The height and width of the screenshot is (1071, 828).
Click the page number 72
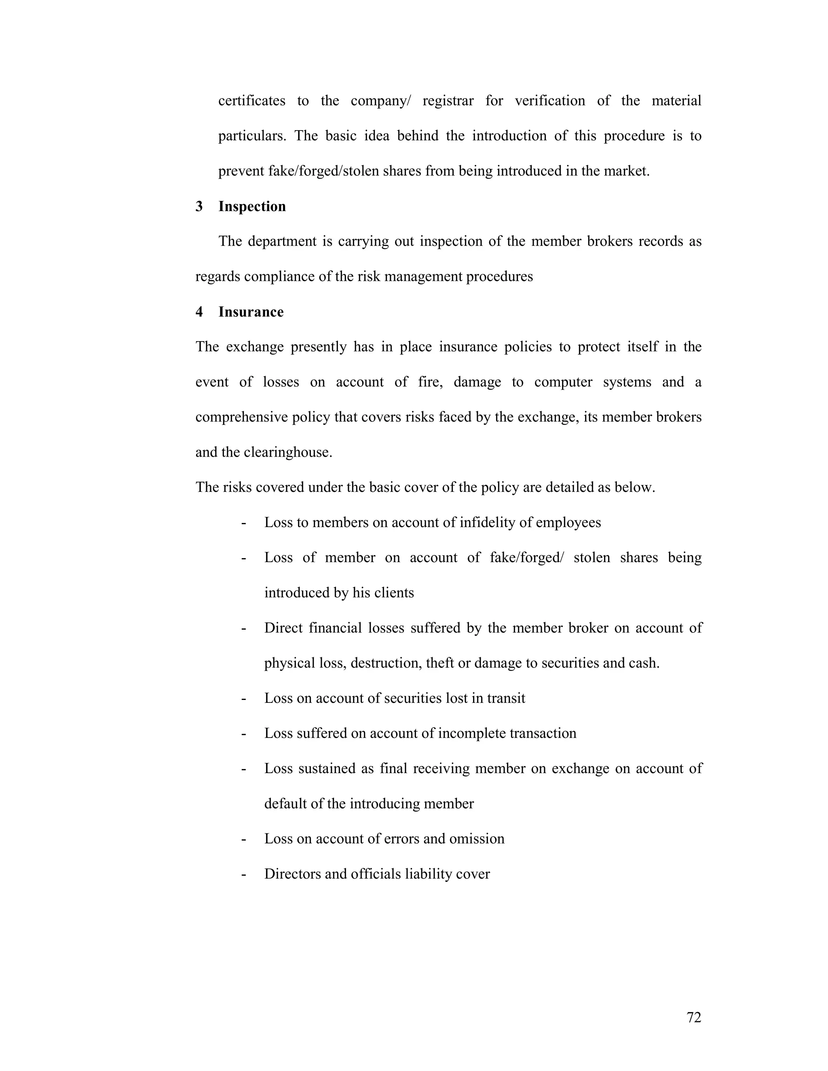click(694, 1018)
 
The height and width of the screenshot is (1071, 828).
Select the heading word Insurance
click(251, 312)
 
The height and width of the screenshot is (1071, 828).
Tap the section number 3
click(199, 207)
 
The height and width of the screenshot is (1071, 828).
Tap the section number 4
click(199, 312)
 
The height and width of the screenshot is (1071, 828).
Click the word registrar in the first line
click(448, 101)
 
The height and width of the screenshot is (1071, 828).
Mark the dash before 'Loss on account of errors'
click(243, 839)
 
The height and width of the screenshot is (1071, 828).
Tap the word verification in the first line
click(550, 101)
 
